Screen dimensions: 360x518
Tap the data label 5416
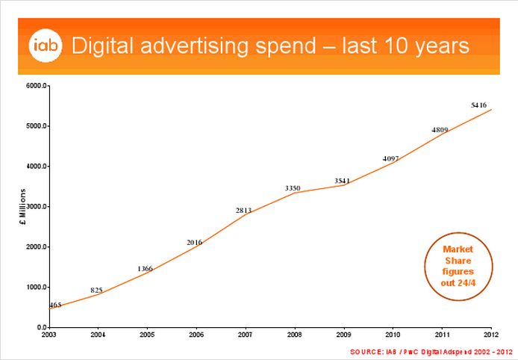(x=478, y=106)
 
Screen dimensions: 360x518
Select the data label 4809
(x=440, y=130)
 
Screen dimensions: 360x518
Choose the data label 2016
(x=195, y=242)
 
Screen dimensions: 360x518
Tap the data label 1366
(x=146, y=268)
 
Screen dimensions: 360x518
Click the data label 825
(x=97, y=290)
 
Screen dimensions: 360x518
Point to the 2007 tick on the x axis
(x=244, y=334)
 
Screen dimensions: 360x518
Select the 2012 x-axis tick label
(x=490, y=334)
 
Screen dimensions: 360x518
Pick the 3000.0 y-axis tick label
(x=35, y=207)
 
